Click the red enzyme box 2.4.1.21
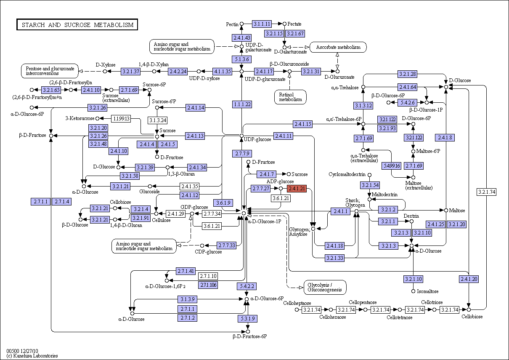tap(297, 189)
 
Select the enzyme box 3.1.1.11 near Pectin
tap(262, 24)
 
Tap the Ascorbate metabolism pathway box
tap(338, 47)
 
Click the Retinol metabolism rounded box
tap(290, 97)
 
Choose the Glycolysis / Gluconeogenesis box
tap(325, 287)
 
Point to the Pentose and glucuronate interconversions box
tap(50, 71)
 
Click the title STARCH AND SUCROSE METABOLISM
tap(77, 24)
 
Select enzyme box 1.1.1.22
tap(242, 104)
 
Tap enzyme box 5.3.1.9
tap(248, 319)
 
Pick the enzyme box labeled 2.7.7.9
tap(242, 154)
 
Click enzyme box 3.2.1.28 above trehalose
tap(408, 74)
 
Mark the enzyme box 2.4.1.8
tap(445, 138)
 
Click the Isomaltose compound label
tap(428, 291)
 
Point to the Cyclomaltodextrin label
tap(347, 174)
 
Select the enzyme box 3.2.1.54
tap(370, 185)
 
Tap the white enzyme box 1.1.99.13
tap(121, 118)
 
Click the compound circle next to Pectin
tap(242, 24)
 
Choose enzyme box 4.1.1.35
tap(223, 72)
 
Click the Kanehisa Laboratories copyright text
tap(32, 356)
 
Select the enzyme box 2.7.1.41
tap(186, 271)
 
